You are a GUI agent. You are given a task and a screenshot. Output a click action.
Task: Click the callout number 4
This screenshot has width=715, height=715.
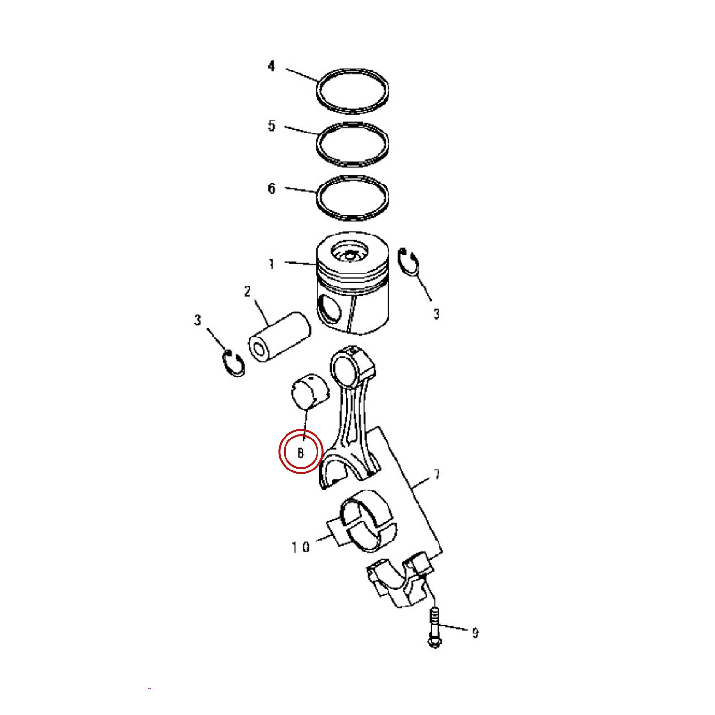click(271, 66)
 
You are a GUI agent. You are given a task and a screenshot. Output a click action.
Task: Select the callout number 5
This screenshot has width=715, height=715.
click(271, 126)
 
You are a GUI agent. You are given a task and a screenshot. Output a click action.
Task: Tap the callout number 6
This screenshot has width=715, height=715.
click(271, 188)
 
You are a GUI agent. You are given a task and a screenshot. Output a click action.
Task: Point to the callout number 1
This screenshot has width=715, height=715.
click(271, 264)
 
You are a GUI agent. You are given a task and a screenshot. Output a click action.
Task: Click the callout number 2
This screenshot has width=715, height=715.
click(247, 291)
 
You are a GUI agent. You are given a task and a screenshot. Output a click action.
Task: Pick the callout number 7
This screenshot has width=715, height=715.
click(437, 474)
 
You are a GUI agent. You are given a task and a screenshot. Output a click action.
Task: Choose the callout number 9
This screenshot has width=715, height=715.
click(475, 633)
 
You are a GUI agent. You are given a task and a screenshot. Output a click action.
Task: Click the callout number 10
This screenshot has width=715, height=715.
click(301, 547)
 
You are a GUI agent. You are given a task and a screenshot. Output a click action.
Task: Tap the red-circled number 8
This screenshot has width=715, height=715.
click(301, 452)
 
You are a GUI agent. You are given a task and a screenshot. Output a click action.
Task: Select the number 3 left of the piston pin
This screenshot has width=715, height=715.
click(198, 320)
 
